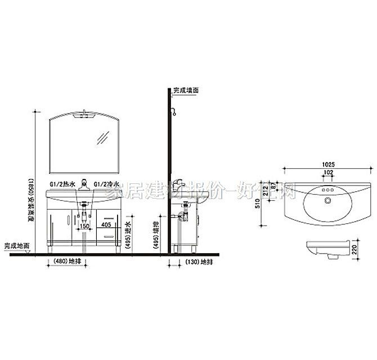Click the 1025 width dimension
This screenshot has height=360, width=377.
[329, 164]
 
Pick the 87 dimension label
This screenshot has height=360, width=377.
[274, 185]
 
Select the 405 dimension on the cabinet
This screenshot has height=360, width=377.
[105, 224]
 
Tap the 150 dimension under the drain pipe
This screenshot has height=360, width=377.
[84, 226]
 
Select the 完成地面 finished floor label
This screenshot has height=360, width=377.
[17, 246]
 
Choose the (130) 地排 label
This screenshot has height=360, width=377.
[194, 262]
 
